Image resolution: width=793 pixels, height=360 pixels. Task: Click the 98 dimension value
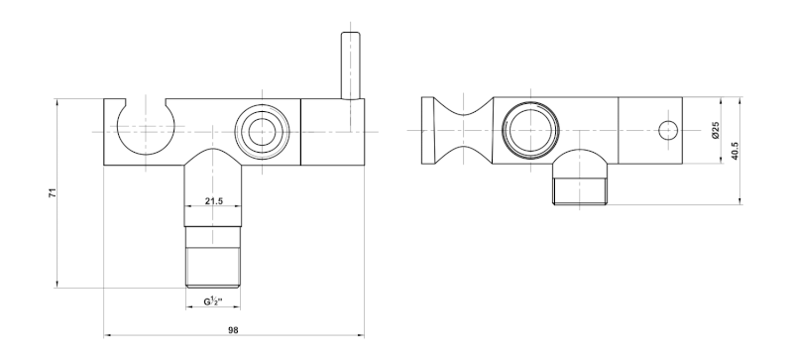233,330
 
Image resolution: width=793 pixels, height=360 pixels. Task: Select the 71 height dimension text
53,192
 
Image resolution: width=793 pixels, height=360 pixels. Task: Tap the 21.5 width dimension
214,201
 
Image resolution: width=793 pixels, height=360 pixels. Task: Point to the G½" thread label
213,301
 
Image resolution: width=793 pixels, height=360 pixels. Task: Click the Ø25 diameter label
715,130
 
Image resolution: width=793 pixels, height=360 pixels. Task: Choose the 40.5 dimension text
735,151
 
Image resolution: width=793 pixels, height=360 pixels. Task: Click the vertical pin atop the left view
351,65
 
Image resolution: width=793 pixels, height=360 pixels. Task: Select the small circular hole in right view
668,131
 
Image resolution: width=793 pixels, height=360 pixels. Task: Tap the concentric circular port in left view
262,132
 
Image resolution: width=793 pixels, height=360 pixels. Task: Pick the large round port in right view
530,130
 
